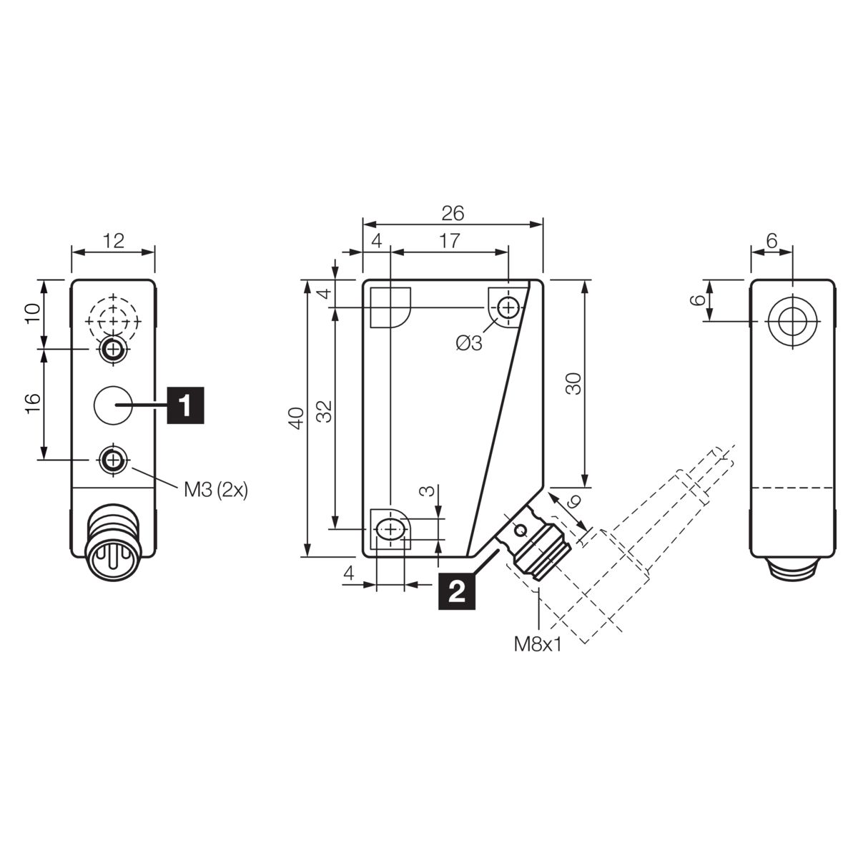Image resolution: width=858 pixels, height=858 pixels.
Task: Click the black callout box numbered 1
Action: pyautogui.click(x=185, y=405)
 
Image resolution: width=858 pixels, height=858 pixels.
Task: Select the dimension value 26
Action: pyautogui.click(x=453, y=213)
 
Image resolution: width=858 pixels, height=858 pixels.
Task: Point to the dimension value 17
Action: pyautogui.click(x=449, y=241)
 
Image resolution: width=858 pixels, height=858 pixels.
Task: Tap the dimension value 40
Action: pyautogui.click(x=297, y=418)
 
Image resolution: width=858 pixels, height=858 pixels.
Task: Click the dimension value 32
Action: pyautogui.click(x=325, y=411)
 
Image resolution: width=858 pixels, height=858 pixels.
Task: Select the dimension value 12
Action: pyautogui.click(x=114, y=241)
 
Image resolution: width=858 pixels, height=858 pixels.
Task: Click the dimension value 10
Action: pyautogui.click(x=33, y=314)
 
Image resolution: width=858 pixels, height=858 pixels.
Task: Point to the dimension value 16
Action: pyautogui.click(x=33, y=404)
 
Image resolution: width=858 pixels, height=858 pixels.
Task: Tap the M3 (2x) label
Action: pyautogui.click(x=216, y=490)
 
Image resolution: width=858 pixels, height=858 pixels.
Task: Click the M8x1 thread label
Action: pyautogui.click(x=538, y=644)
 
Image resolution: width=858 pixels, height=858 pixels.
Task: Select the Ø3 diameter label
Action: pyautogui.click(x=469, y=343)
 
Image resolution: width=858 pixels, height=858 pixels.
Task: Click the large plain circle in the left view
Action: pyautogui.click(x=113, y=405)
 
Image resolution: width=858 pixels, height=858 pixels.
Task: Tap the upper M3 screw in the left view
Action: pyautogui.click(x=114, y=349)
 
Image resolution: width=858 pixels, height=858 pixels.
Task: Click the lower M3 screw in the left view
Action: pyautogui.click(x=114, y=460)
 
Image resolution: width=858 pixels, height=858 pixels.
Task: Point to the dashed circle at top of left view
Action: pyautogui.click(x=113, y=320)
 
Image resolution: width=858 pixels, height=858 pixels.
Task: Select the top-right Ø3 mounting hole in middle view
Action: pyautogui.click(x=508, y=307)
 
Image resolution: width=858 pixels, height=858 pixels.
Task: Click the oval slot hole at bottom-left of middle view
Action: pyautogui.click(x=390, y=529)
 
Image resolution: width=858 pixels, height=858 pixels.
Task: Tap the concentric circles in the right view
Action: pyautogui.click(x=793, y=320)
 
